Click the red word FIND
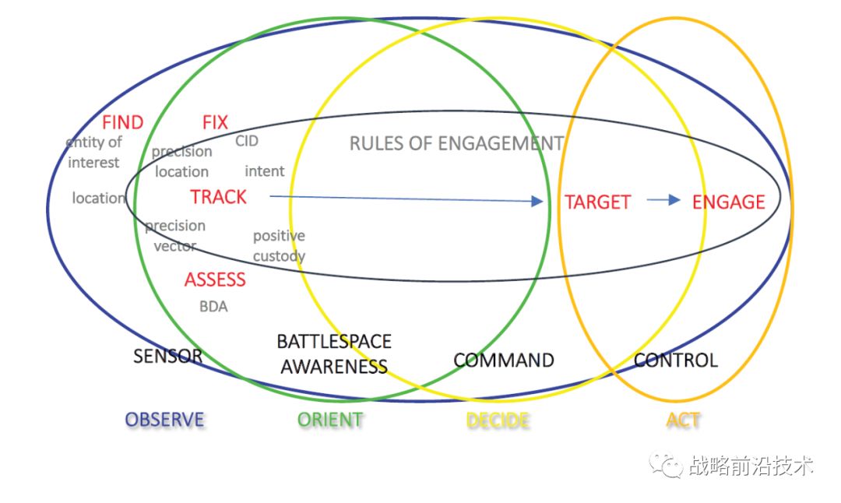click(123, 122)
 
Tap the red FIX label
click(215, 122)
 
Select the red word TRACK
click(219, 197)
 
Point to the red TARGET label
click(597, 202)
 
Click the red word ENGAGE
click(729, 202)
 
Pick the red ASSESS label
click(215, 280)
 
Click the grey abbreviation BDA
click(213, 307)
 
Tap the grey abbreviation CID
click(247, 142)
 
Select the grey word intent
click(265, 171)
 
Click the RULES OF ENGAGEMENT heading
click(456, 143)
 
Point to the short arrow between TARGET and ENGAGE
click(664, 200)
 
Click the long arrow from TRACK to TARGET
click(405, 199)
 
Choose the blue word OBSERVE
click(164, 420)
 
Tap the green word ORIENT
click(330, 420)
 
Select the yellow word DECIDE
click(498, 420)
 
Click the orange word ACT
click(683, 420)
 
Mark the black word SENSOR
click(167, 357)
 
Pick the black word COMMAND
click(504, 360)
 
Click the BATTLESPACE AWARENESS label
click(334, 354)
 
